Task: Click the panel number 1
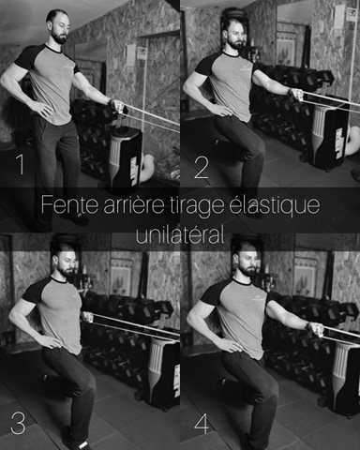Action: [x=21, y=164]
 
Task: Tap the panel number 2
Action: [x=202, y=168]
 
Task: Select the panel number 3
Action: [x=18, y=423]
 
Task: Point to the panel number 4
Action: [x=202, y=425]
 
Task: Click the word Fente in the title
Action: [x=69, y=204]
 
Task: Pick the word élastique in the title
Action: [x=275, y=205]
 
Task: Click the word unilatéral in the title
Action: [x=180, y=234]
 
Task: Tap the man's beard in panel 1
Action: [x=60, y=37]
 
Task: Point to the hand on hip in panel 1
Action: [x=41, y=109]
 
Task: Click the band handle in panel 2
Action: [x=296, y=95]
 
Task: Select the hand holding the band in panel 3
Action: [x=88, y=317]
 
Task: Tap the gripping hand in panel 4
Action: [x=316, y=329]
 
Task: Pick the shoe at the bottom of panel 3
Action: [x=77, y=443]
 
